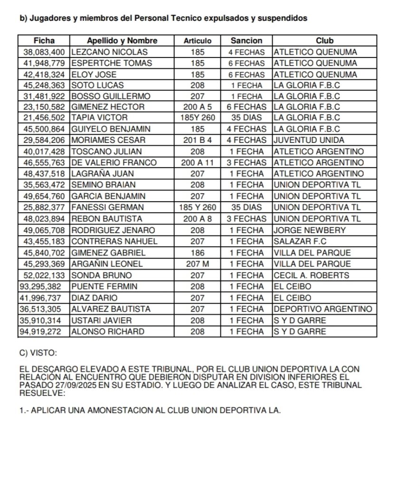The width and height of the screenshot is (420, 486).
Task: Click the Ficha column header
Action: coord(44,41)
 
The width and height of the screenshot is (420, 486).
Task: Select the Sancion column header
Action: coord(246,41)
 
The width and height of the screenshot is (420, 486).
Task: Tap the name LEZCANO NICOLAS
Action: coord(109,52)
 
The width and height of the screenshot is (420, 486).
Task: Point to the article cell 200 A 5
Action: coord(197,107)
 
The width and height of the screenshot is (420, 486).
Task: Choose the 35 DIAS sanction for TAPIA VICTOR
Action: coord(246,118)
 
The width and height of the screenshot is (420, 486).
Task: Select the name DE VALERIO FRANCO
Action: coord(114,162)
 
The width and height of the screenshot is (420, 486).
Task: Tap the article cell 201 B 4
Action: coord(197,140)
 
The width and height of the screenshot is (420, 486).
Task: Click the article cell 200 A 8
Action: coord(197,219)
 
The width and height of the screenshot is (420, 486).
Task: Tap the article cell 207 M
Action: coord(197,264)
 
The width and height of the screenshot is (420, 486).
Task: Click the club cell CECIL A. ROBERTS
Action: coord(311,275)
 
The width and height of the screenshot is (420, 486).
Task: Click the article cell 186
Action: coord(197,253)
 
